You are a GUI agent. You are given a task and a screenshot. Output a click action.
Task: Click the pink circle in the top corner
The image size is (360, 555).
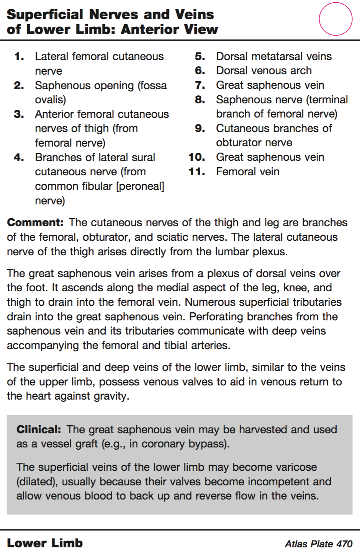pos(335,19)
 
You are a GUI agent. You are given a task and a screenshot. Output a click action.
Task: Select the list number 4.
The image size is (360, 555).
pos(19,157)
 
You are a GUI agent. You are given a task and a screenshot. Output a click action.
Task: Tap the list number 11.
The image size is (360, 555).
pos(196,171)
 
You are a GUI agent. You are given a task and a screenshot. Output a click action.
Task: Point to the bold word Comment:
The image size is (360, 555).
pos(35,222)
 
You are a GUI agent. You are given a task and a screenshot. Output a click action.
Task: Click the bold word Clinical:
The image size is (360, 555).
pos(39,429)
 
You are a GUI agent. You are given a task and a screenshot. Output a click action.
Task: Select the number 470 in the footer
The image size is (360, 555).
pos(344,544)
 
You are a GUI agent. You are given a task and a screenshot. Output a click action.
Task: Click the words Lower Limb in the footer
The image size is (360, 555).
pos(45,543)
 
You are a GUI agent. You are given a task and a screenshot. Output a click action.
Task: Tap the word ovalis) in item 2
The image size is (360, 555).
pos(51,100)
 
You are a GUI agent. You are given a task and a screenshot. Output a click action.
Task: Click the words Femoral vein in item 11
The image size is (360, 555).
pos(247,171)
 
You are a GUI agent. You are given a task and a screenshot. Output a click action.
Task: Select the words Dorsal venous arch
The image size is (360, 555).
pos(263,70)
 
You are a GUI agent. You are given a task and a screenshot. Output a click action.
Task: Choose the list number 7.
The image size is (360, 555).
pos(200,85)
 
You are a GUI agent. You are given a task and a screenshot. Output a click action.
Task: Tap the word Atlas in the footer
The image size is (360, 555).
pos(297,544)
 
